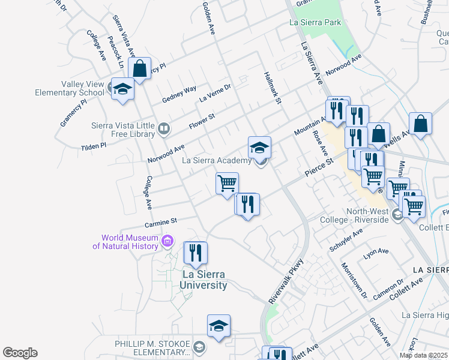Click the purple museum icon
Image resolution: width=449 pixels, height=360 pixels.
pyautogui.click(x=167, y=242)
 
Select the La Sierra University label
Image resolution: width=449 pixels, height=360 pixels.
pyautogui.click(x=205, y=280)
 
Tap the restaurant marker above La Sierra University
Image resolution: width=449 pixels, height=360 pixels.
pyautogui.click(x=195, y=253)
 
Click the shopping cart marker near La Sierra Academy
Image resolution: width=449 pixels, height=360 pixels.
pyautogui.click(x=228, y=184)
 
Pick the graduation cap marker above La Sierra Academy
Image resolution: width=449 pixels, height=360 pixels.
pyautogui.click(x=259, y=148)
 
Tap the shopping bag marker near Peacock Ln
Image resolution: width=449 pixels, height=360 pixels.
pyautogui.click(x=139, y=69)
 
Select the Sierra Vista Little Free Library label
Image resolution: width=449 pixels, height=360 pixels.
pyautogui.click(x=122, y=130)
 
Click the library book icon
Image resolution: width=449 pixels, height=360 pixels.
pyautogui.click(x=163, y=128)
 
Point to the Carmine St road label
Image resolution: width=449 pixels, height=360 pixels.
pyautogui.click(x=161, y=221)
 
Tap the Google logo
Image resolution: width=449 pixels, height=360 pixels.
pyautogui.click(x=20, y=353)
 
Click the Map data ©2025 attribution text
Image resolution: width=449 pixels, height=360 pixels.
pyautogui.click(x=423, y=355)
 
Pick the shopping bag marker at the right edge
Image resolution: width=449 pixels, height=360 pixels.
pyautogui.click(x=421, y=124)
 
